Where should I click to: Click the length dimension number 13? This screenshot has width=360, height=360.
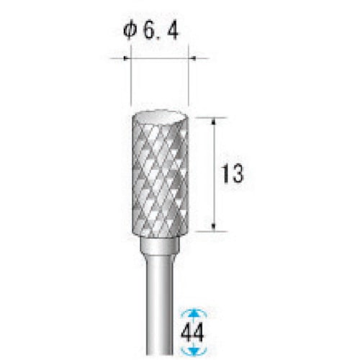pyautogui.click(x=233, y=174)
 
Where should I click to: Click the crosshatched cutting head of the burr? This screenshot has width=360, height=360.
pyautogui.click(x=159, y=180)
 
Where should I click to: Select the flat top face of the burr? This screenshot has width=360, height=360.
pyautogui.click(x=159, y=118)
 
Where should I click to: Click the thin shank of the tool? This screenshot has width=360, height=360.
pyautogui.click(x=159, y=302)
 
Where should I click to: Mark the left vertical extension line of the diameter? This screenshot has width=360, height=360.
pyautogui.click(x=130, y=79)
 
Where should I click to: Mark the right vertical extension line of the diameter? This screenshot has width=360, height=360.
pyautogui.click(x=189, y=79)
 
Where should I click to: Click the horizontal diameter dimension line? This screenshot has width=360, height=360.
pyautogui.click(x=159, y=58)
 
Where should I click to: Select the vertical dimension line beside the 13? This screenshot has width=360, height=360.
pyautogui.click(x=214, y=202)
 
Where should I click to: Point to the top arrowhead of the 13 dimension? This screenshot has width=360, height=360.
pyautogui.click(x=214, y=122)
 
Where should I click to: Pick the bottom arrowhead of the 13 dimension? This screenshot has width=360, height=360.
pyautogui.click(x=214, y=227)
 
